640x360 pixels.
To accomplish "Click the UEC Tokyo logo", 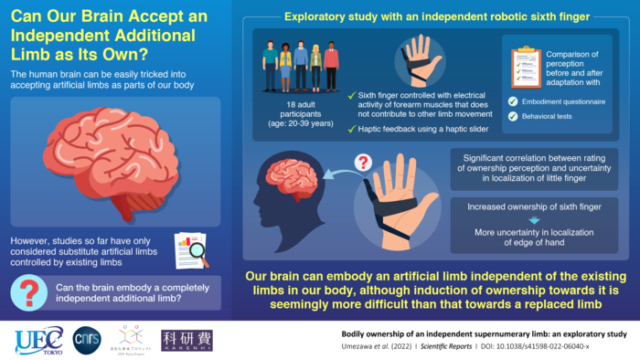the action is (38, 340).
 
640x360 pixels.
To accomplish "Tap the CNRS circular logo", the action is (85, 339).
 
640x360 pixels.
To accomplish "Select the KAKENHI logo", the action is (187, 340).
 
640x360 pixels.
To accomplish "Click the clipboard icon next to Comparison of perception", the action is (526, 62).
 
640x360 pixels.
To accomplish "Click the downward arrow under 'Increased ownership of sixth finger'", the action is (536, 220).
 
